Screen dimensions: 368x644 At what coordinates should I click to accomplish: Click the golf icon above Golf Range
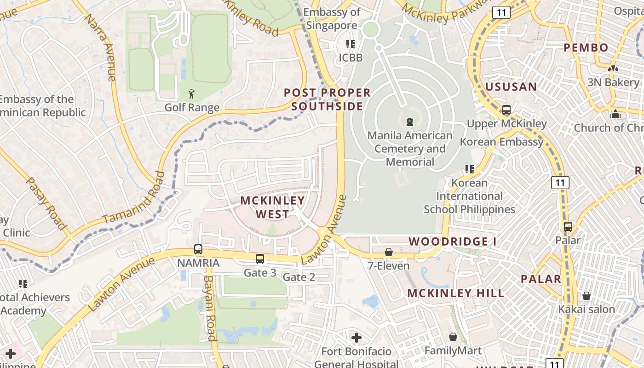click(x=191, y=94)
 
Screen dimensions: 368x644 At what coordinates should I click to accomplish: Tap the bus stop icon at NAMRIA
click(x=198, y=249)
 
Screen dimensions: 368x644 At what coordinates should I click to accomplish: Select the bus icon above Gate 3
click(x=260, y=259)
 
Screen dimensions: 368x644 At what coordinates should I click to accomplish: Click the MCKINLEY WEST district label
click(x=272, y=207)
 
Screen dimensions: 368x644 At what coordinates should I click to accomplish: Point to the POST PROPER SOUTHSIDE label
click(x=327, y=99)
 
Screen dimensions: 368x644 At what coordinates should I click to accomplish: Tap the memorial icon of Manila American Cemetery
click(x=409, y=122)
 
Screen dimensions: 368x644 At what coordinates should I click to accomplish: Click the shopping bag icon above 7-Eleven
click(x=389, y=252)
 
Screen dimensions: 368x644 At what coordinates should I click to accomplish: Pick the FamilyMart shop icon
click(x=453, y=337)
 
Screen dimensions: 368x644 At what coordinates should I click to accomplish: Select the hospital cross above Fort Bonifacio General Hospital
click(x=356, y=338)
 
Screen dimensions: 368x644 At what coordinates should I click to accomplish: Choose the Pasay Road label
click(x=47, y=203)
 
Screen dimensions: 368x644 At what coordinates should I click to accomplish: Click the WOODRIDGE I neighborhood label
click(x=448, y=241)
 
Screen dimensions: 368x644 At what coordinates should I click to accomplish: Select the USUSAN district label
click(x=511, y=86)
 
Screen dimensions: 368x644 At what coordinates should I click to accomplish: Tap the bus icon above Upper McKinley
click(x=506, y=110)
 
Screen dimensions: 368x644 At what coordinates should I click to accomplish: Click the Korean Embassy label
click(x=501, y=142)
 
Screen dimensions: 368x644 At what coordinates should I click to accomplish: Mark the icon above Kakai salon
click(x=586, y=295)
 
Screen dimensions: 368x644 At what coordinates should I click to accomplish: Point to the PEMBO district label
click(x=586, y=47)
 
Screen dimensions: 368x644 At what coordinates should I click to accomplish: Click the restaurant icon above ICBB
click(x=351, y=44)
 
